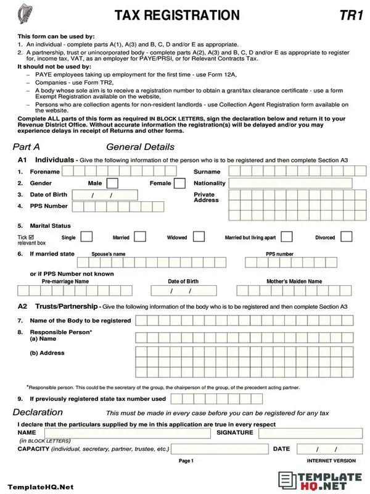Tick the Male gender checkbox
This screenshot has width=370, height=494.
tap(112, 183)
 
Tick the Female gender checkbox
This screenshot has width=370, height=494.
tap(179, 183)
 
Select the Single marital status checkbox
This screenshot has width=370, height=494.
tap(87, 237)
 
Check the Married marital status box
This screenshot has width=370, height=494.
tap(141, 237)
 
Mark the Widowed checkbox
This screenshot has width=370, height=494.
tap(199, 237)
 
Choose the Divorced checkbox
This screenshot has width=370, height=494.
tap(347, 237)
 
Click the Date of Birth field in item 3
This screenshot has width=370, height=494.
tap(101, 195)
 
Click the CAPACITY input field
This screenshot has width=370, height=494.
tap(219, 449)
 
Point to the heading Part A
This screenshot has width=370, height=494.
tap(27, 147)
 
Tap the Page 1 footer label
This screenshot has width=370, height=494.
tap(186, 461)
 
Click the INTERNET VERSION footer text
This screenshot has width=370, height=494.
tap(331, 461)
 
